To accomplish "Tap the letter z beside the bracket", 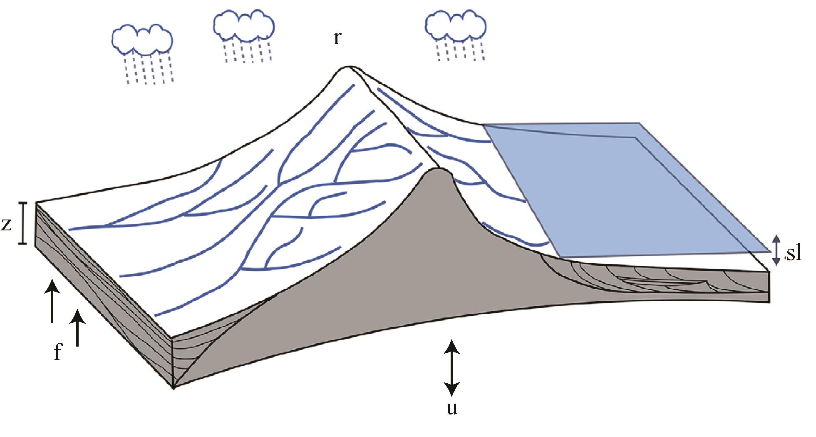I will click(x=7, y=225).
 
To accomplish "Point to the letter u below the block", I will click(x=452, y=409).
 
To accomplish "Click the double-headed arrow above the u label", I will click(x=452, y=367).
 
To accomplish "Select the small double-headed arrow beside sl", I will click(x=776, y=250).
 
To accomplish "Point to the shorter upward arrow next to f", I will click(x=77, y=329).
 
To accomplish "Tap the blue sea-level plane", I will click(x=624, y=187).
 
